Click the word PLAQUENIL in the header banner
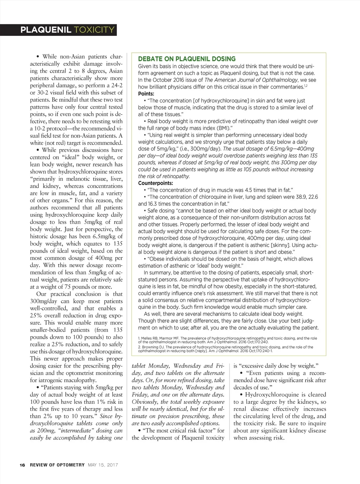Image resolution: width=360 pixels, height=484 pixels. point(46,30)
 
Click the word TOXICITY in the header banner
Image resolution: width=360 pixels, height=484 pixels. point(95,30)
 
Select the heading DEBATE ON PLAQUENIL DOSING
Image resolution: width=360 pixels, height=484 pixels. point(187,59)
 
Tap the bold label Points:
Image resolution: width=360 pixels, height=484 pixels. point(146,94)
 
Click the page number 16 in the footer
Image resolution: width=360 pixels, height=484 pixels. point(22,465)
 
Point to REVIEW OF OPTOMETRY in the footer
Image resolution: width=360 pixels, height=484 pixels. point(57,465)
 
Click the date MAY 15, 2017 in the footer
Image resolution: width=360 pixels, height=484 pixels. point(103,465)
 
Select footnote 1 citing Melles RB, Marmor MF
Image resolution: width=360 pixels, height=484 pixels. point(227,340)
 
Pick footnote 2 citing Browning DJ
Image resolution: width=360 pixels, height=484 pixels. point(225,349)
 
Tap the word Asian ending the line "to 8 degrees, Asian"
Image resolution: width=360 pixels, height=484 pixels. point(116,71)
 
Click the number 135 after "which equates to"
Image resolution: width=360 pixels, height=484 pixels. point(118,243)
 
